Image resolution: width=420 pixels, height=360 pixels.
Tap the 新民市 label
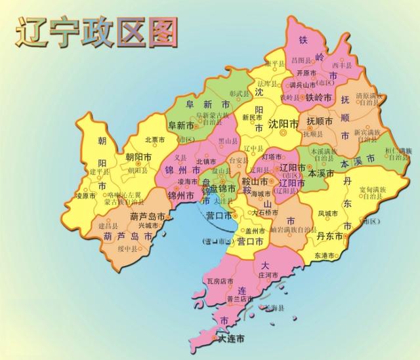[252, 117]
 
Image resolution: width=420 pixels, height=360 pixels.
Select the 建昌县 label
[107, 225]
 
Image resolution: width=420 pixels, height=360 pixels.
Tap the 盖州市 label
[253, 231]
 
